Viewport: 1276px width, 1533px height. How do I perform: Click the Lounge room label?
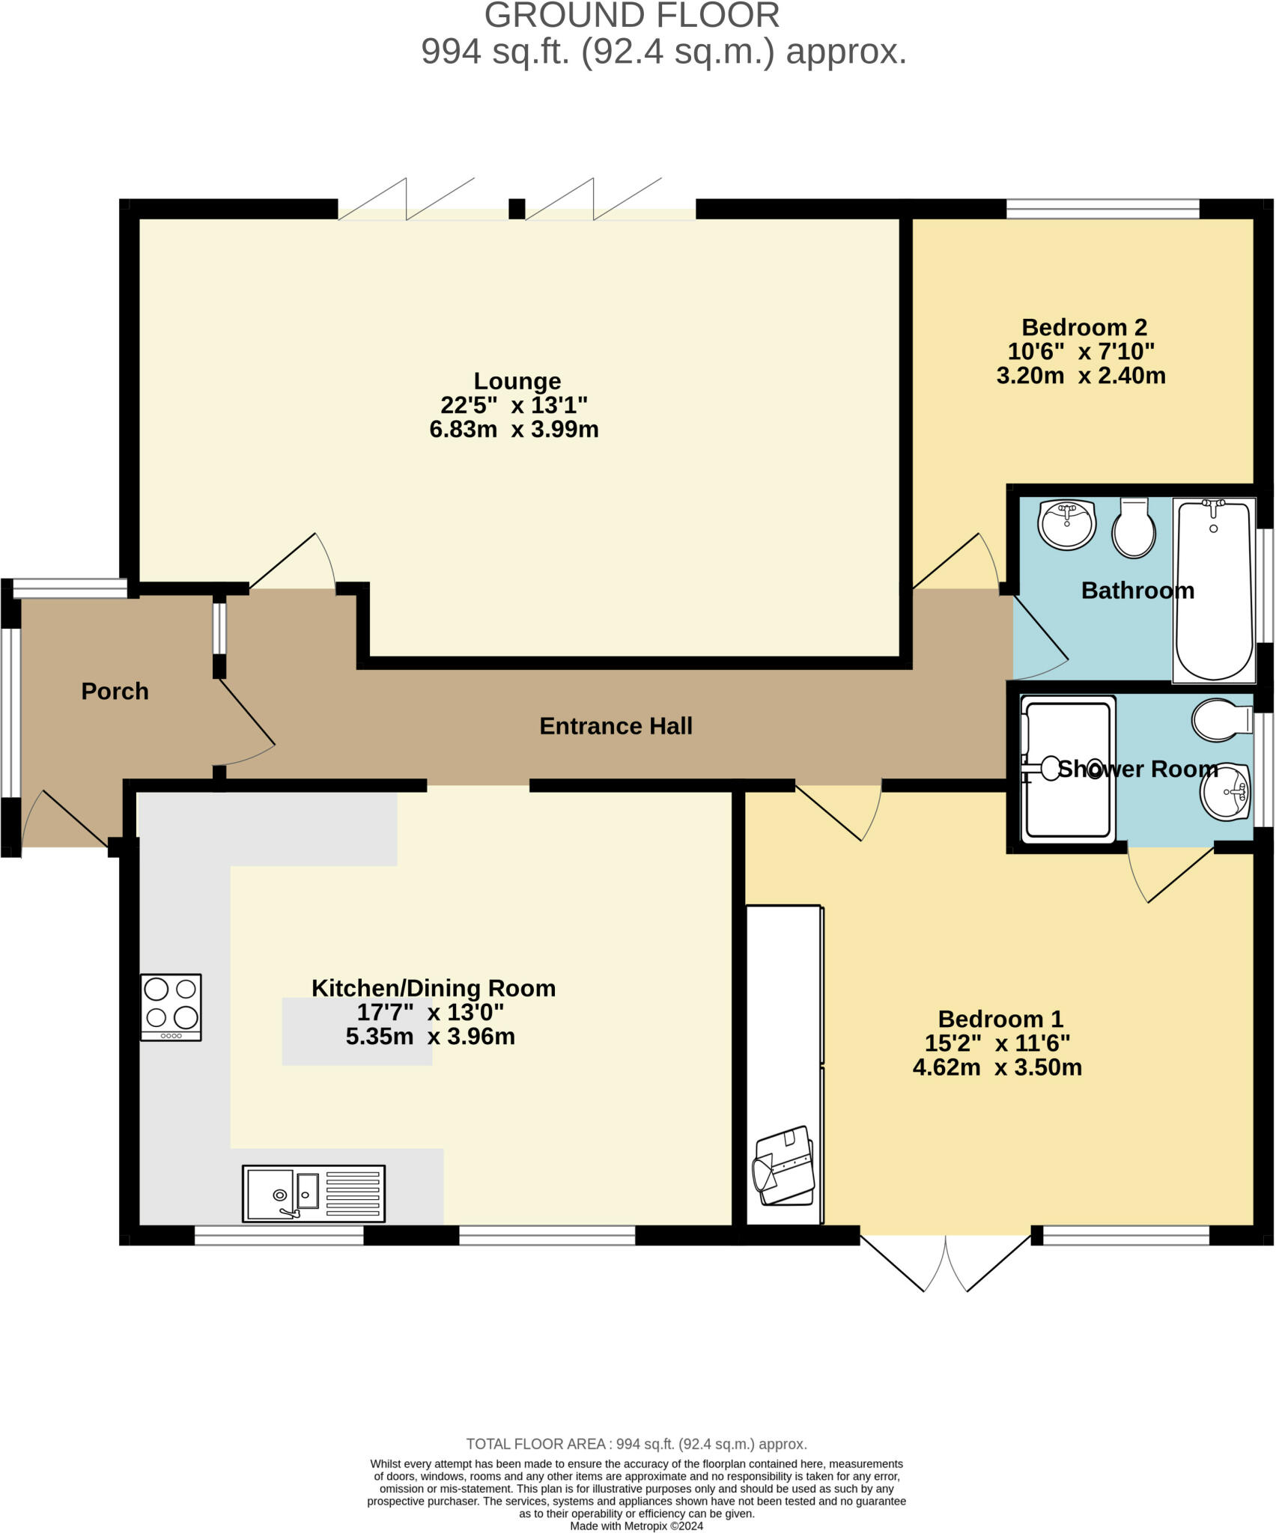(517, 381)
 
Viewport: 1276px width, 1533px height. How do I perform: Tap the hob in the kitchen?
(171, 1007)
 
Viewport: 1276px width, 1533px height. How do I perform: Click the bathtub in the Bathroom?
(1214, 591)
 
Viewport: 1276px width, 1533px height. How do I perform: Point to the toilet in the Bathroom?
(1134, 528)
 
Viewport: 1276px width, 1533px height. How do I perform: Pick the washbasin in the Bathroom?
(1066, 525)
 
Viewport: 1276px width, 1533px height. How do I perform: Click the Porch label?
(115, 691)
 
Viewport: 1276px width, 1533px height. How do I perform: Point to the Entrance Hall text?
(616, 726)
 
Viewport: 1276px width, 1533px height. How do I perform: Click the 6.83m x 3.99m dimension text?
(514, 430)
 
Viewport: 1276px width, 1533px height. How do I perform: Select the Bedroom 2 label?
(1084, 327)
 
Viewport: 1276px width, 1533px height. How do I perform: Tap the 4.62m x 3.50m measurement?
(997, 1067)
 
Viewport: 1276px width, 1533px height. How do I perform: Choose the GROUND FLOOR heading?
(631, 16)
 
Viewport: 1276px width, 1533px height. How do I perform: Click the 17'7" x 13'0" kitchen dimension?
(430, 1013)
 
